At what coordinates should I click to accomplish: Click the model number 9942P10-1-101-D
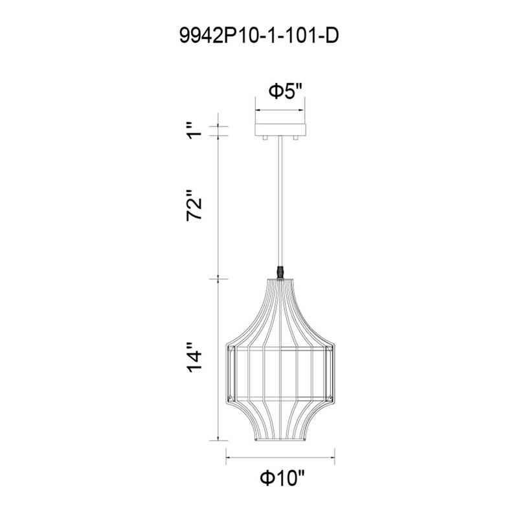click(258, 36)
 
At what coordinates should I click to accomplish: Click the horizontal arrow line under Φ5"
click(280, 108)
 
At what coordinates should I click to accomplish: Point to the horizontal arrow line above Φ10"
click(280, 458)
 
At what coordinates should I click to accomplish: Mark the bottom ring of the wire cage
click(280, 443)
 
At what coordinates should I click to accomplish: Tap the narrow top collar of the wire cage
click(280, 280)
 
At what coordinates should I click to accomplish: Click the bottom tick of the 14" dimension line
click(218, 443)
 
